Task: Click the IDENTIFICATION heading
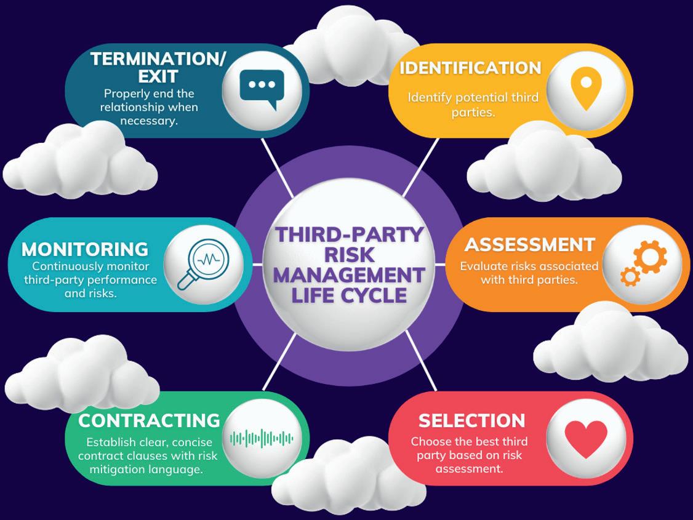[470, 68]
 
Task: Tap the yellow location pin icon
[585, 88]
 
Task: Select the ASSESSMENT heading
[529, 244]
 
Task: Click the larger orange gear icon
[650, 257]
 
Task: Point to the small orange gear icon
[630, 276]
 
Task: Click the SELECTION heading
[471, 420]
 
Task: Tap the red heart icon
[586, 439]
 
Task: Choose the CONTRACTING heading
[149, 420]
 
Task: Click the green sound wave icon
[262, 439]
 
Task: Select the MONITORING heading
[85, 249]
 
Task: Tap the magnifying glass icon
[202, 263]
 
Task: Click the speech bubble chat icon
[262, 88]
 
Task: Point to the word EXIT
[158, 76]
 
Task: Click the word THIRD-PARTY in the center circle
[350, 234]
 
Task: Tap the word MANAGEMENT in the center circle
[350, 275]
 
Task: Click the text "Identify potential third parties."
[473, 105]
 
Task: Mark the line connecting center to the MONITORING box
[257, 264]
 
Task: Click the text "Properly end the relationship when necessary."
[149, 107]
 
